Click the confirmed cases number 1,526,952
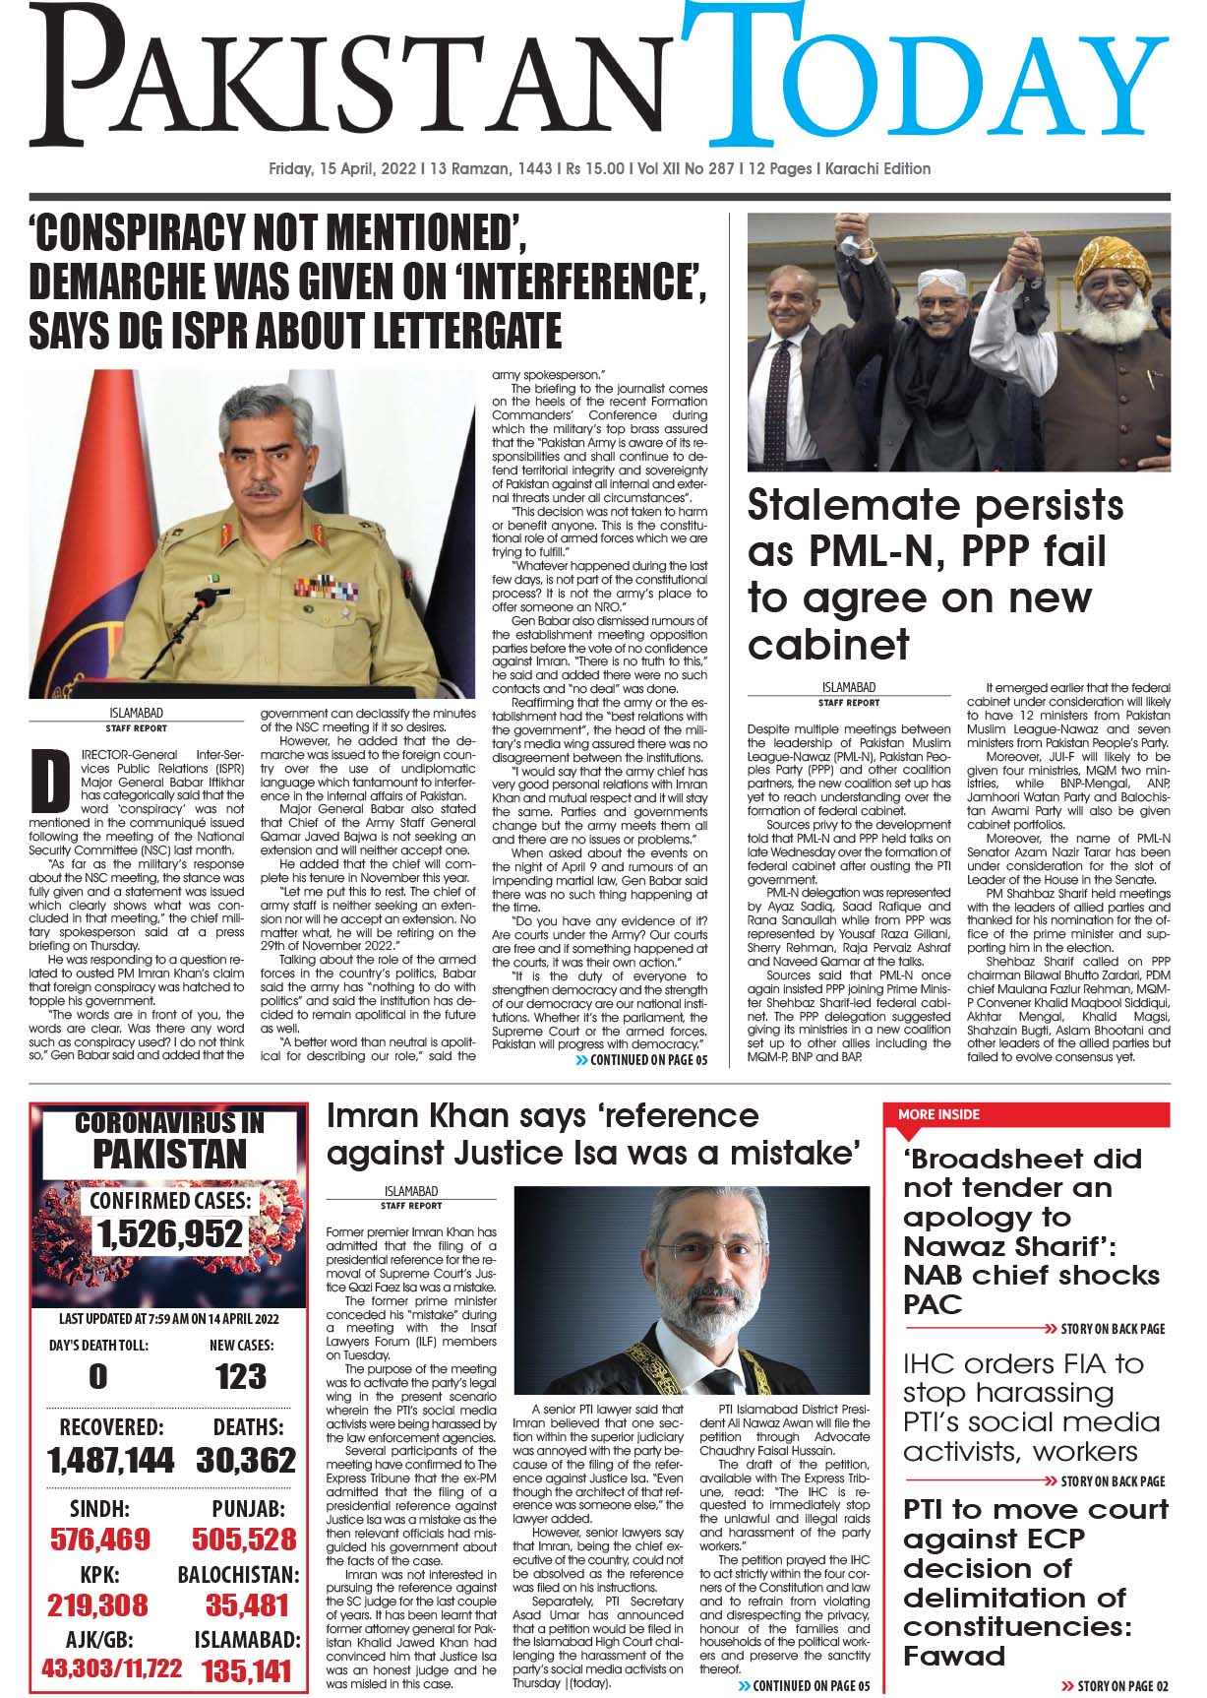tap(169, 1232)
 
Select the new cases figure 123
tap(241, 1375)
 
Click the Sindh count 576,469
tap(100, 1538)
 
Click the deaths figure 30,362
tap(246, 1459)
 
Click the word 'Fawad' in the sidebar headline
tap(953, 1655)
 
